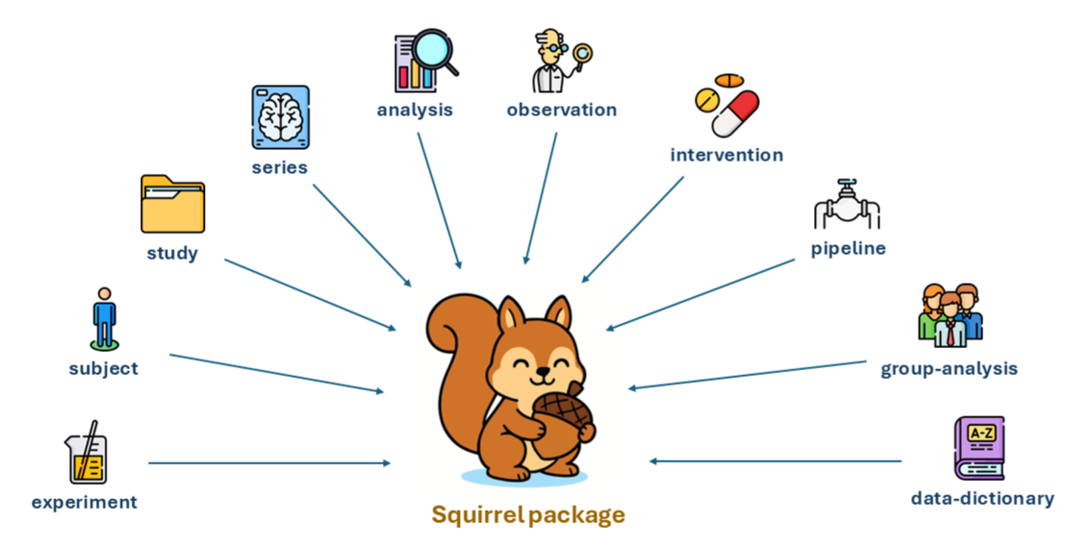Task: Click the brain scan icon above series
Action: pos(280,117)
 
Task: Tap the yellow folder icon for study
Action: pos(172,205)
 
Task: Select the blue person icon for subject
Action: pos(104,317)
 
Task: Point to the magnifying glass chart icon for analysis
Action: pos(424,62)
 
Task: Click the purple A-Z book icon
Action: pos(978,448)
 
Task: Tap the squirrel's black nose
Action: pos(542,368)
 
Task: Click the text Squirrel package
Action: pos(528,514)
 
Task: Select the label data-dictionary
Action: pos(982,498)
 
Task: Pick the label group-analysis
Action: pos(949,368)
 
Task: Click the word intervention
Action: pos(726,155)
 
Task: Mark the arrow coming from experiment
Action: pos(269,463)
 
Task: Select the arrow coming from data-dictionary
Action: pos(775,461)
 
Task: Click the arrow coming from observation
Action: pos(541,197)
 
